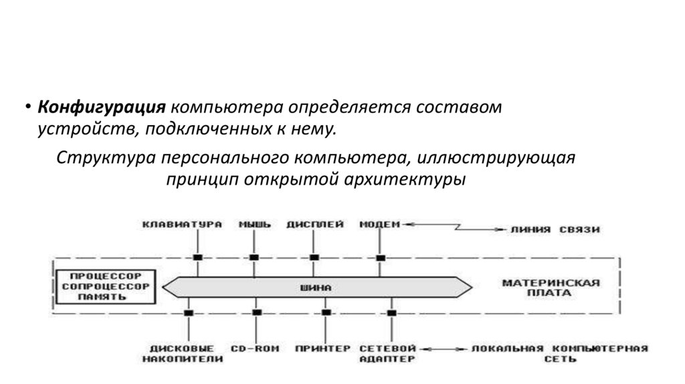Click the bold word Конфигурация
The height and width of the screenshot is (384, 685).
pos(102,108)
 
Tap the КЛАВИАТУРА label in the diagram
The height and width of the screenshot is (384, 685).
pos(182,225)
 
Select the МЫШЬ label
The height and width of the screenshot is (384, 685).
pos(255,225)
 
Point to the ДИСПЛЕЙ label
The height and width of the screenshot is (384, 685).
pos(315,225)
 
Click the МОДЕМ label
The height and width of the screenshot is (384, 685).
pos(379,225)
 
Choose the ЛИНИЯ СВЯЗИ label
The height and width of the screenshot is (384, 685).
pos(555,229)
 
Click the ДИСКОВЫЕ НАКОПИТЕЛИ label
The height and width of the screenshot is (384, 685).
pos(182,353)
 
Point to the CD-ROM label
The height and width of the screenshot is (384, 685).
pos(255,349)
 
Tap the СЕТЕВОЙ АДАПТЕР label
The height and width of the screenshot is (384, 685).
pos(387,353)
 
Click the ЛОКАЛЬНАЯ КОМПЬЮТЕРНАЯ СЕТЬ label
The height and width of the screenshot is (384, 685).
pos(559,353)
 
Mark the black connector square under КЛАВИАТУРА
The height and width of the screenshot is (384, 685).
pos(197,258)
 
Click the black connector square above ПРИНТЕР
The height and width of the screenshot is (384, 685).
pos(326,312)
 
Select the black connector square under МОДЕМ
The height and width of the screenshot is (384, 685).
pos(381,258)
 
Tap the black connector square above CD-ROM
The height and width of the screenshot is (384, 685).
pos(257,312)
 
